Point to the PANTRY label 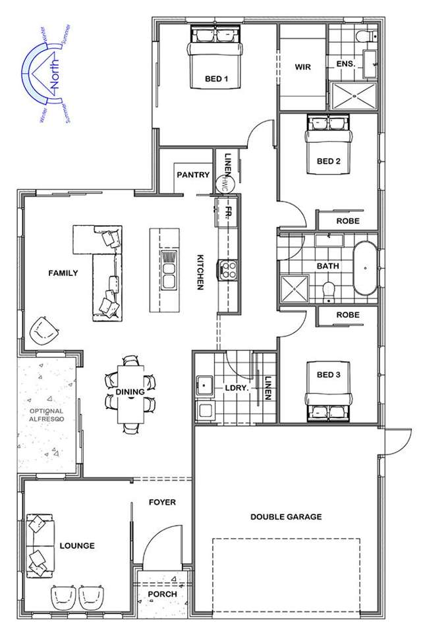pos(193,175)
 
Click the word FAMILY pos(63,273)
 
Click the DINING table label pos(130,392)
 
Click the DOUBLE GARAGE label pos(286,517)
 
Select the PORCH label pos(162,593)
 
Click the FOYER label pos(162,502)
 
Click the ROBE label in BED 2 pos(348,221)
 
